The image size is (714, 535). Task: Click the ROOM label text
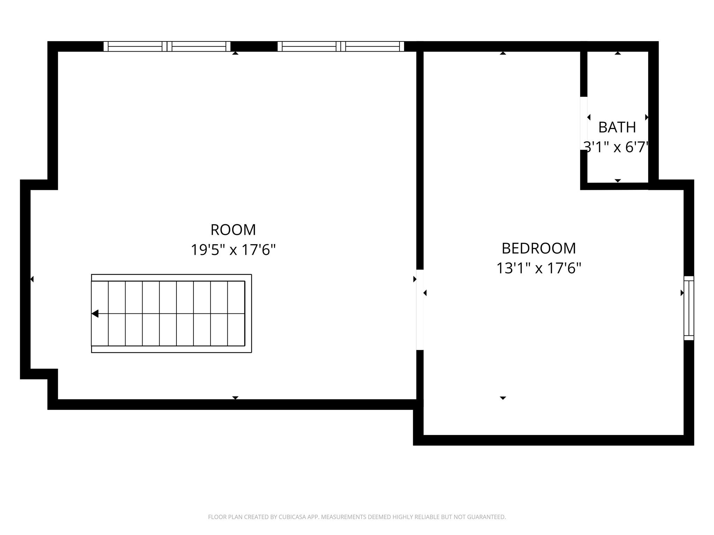click(233, 230)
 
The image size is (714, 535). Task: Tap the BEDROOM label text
click(539, 248)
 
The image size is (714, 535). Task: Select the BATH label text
click(617, 127)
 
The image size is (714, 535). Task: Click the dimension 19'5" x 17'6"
click(233, 250)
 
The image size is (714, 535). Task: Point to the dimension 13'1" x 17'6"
click(539, 269)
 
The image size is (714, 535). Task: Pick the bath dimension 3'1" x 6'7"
click(616, 147)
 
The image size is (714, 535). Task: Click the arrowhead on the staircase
click(95, 314)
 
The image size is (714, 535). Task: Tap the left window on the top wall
click(167, 46)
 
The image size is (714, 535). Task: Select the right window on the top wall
click(341, 46)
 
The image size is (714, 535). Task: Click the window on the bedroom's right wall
click(689, 308)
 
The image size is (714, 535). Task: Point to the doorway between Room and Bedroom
click(420, 310)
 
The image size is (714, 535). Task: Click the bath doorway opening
click(584, 123)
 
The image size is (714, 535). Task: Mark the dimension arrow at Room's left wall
click(32, 279)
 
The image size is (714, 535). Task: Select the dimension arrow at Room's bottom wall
click(235, 398)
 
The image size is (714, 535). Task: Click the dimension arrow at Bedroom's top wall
click(503, 53)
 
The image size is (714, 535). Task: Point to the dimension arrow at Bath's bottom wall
click(618, 180)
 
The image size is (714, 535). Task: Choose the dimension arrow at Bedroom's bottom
click(503, 398)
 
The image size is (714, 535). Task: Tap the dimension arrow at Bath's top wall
click(618, 53)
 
